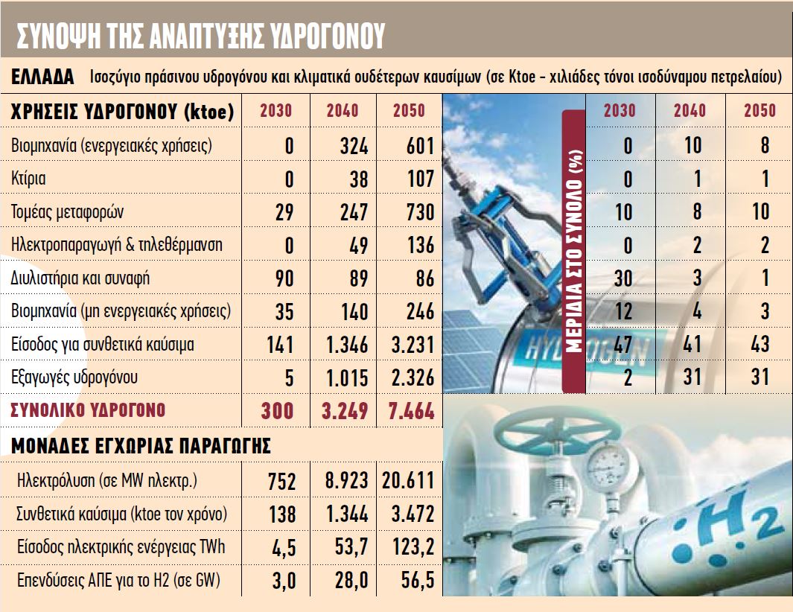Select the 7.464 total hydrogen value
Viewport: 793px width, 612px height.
pyautogui.click(x=407, y=411)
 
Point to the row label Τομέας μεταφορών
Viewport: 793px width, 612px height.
pyautogui.click(x=68, y=212)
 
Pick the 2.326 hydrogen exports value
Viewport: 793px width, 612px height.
pyautogui.click(x=407, y=378)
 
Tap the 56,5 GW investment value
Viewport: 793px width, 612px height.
pyautogui.click(x=415, y=581)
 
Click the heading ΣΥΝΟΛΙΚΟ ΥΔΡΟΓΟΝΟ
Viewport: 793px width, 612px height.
pyautogui.click(x=87, y=409)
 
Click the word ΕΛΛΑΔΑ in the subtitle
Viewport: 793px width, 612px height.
pyautogui.click(x=43, y=77)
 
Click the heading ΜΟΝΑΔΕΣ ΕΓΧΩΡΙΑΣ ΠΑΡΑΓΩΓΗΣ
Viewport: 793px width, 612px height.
pyautogui.click(x=141, y=446)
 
